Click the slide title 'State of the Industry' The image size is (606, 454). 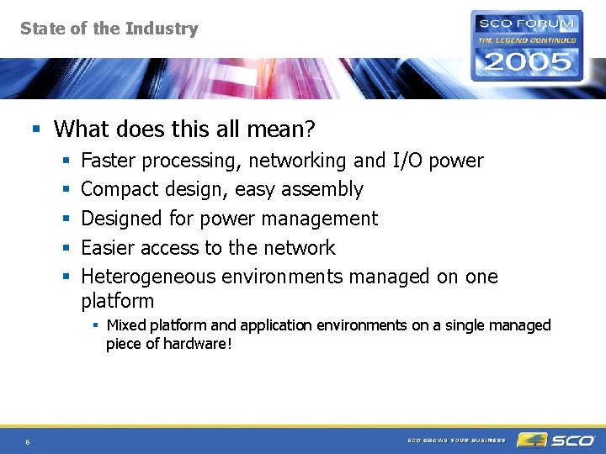click(x=109, y=29)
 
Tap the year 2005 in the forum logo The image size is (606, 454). click(x=526, y=61)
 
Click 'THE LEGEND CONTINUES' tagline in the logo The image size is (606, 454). click(x=527, y=40)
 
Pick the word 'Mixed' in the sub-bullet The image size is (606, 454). click(x=125, y=325)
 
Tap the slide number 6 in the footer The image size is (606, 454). click(x=28, y=442)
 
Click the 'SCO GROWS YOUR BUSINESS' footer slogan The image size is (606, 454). click(x=456, y=441)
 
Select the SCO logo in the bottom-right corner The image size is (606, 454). click(x=556, y=440)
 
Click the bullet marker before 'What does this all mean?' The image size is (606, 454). click(x=35, y=129)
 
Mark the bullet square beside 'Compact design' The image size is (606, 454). click(x=66, y=190)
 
